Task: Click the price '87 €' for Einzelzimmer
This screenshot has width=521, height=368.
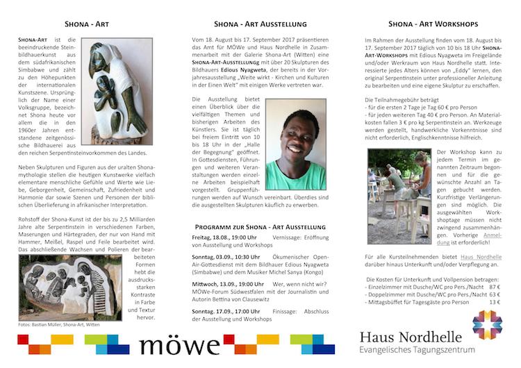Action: point(494,286)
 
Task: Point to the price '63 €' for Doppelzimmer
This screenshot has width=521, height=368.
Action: point(494,294)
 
